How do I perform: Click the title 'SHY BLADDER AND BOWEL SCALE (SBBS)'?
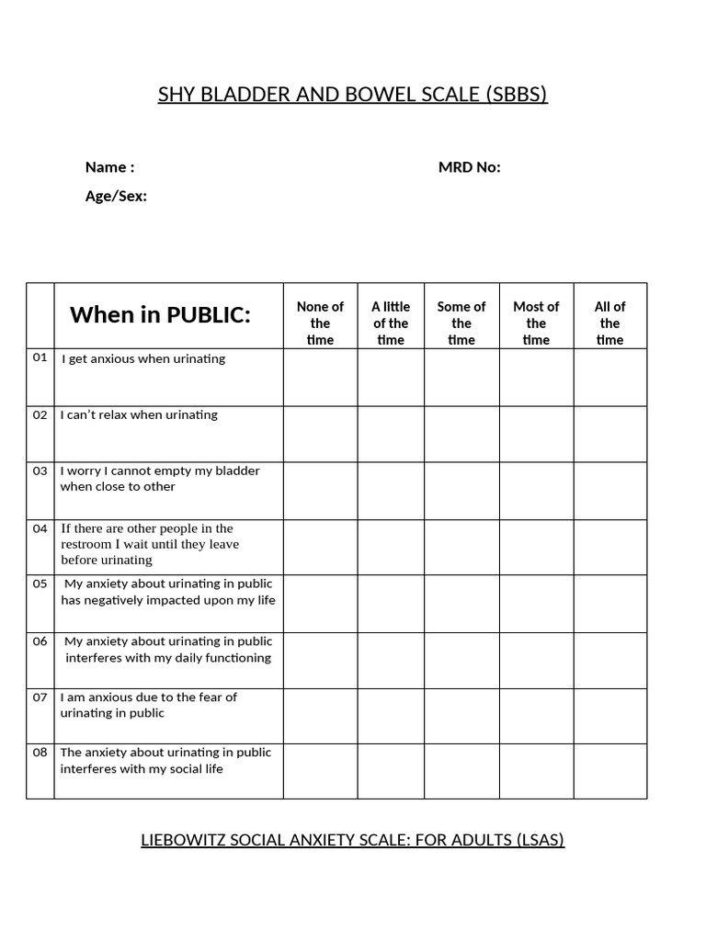tap(353, 95)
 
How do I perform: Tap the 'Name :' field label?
tap(109, 167)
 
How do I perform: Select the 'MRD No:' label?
tap(469, 167)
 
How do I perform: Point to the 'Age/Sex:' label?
tap(116, 196)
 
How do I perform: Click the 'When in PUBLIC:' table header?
tap(160, 315)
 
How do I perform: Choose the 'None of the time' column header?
tap(320, 323)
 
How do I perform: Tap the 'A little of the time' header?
tap(391, 323)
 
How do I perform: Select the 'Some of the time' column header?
tap(461, 323)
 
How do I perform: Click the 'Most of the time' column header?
tap(536, 323)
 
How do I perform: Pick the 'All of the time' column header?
tap(610, 323)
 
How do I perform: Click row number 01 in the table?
tap(40, 357)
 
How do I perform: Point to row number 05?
tap(40, 584)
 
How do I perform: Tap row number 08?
tap(40, 753)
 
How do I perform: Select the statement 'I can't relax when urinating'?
tap(139, 414)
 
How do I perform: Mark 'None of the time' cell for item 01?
tap(320, 378)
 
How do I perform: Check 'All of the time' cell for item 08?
tap(610, 771)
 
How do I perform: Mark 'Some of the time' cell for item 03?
tap(461, 491)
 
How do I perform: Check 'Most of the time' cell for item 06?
tap(536, 660)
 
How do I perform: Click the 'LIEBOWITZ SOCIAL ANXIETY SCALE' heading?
tap(352, 840)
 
